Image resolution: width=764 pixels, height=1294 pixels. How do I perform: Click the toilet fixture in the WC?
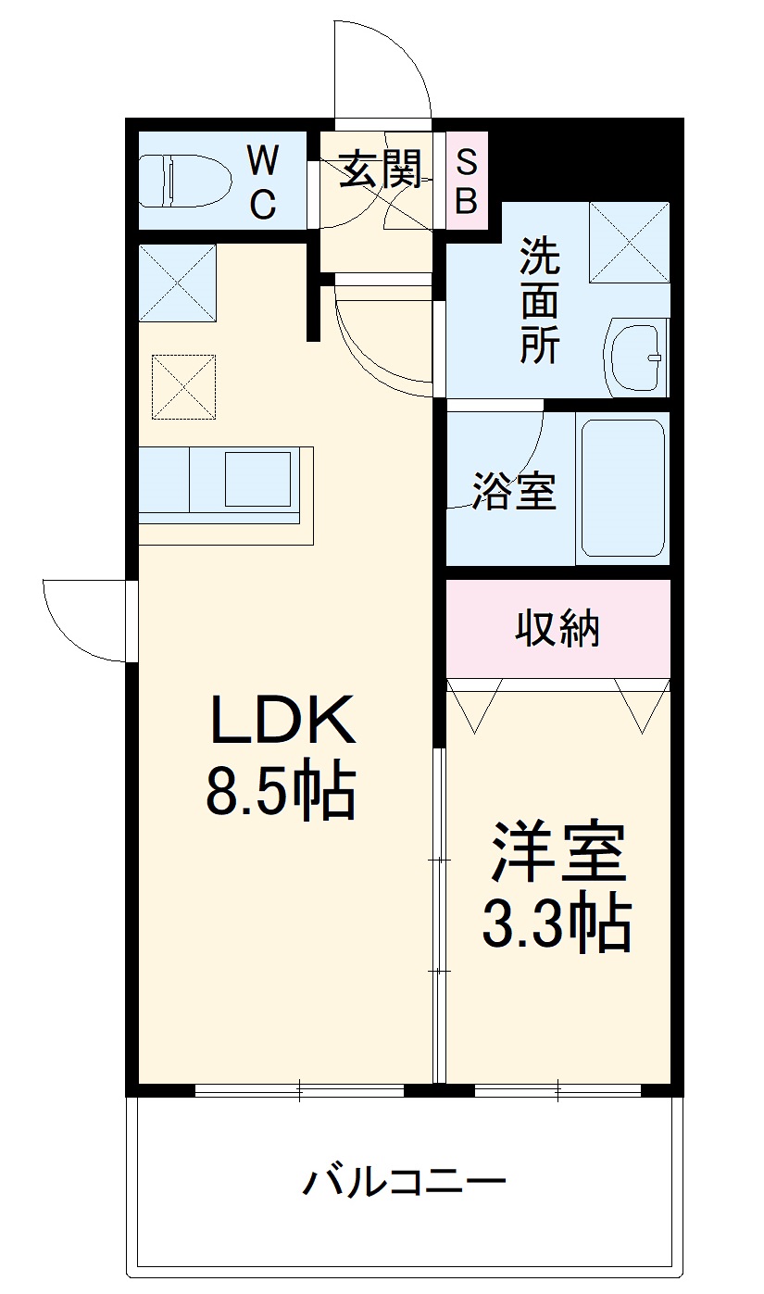(x=185, y=180)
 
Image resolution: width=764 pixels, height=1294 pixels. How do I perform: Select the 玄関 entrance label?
(x=380, y=170)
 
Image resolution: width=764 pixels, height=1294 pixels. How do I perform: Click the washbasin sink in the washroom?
(x=636, y=358)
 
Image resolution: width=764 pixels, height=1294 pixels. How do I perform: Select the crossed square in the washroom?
(x=629, y=241)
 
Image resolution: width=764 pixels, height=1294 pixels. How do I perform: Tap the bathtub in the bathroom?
(x=621, y=487)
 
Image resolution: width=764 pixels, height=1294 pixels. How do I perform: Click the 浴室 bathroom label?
(x=514, y=492)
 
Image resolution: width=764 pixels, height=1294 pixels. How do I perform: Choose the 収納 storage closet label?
(x=557, y=630)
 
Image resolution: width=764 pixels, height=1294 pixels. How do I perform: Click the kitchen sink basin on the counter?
(x=258, y=479)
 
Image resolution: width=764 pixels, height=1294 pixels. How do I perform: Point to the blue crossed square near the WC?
(x=177, y=283)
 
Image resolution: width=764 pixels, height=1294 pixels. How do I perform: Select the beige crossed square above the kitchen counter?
(x=183, y=386)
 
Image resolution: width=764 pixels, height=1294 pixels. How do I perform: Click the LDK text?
(x=282, y=720)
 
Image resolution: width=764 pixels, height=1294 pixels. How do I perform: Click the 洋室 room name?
(x=558, y=853)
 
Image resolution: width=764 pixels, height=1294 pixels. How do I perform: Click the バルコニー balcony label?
(x=405, y=1182)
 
